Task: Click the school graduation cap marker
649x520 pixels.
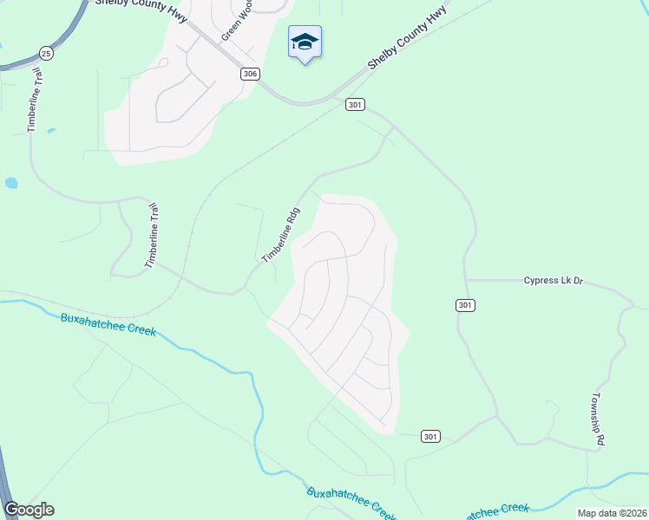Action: [305, 42]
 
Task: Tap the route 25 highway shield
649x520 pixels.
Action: [47, 54]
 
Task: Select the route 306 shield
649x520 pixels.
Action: [250, 75]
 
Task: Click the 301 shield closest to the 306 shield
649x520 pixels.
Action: [354, 105]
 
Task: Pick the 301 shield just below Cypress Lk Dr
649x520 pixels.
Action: [464, 305]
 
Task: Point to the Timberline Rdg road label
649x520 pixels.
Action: [282, 235]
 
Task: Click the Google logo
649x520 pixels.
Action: [29, 510]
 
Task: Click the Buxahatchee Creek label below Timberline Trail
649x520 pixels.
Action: [108, 324]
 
